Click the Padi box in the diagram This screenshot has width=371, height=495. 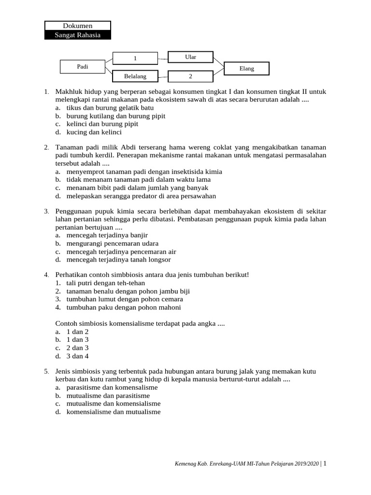(83, 67)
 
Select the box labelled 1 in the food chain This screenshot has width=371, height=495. (136, 58)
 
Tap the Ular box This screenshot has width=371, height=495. (190, 57)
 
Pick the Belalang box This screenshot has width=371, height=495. (135, 76)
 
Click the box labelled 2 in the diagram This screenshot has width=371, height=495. (190, 76)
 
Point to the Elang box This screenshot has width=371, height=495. (246, 69)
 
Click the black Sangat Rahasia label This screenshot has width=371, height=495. (78, 35)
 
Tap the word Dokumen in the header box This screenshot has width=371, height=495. (78, 26)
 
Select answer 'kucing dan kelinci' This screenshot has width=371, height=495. (94, 131)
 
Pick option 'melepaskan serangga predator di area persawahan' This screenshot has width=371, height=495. (141, 196)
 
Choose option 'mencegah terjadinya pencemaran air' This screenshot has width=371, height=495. (121, 251)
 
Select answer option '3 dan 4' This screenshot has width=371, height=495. (78, 356)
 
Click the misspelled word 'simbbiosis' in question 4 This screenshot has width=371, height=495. (128, 275)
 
